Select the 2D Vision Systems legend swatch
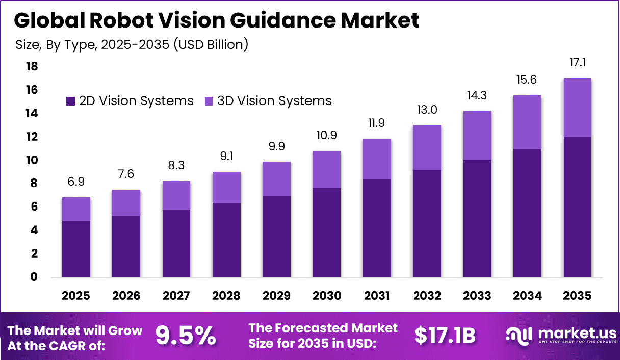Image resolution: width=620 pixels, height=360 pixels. click(x=70, y=101)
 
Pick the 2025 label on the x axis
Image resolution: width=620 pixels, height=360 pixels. click(x=76, y=296)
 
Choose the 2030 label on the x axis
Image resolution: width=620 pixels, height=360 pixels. click(x=327, y=296)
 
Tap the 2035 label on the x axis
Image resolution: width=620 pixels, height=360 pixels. click(x=577, y=296)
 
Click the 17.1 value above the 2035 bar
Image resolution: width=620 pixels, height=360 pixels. click(x=577, y=63)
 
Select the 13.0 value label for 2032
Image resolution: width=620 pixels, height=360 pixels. click(x=427, y=110)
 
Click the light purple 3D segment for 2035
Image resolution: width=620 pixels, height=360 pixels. click(x=577, y=107)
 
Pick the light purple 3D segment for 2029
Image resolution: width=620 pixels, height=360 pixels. click(x=277, y=178)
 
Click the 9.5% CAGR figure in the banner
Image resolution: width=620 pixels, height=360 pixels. click(x=186, y=336)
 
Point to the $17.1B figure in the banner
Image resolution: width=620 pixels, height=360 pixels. click(x=445, y=336)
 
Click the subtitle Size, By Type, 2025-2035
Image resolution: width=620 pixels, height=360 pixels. click(x=132, y=44)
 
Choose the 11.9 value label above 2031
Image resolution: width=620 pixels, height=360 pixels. click(x=377, y=124)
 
